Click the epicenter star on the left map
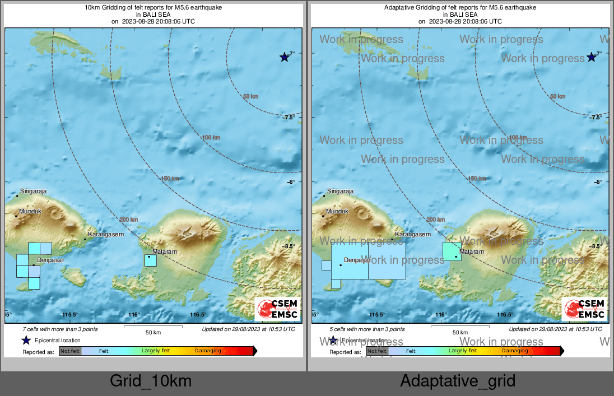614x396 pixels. [285, 57]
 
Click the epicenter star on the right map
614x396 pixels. [591, 57]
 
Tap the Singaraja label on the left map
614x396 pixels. [32, 191]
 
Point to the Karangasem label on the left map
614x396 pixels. [106, 234]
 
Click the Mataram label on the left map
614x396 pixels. [165, 252]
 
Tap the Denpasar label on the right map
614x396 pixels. [357, 260]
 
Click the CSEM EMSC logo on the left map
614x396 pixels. [278, 309]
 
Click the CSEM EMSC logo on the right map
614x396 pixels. [584, 309]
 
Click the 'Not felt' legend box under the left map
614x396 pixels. [70, 351]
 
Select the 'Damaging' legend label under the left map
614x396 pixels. [208, 351]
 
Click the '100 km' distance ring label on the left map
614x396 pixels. [211, 137]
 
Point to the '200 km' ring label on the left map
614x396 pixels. [129, 220]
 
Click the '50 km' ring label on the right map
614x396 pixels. [557, 96]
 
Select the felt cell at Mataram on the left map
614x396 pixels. [150, 260]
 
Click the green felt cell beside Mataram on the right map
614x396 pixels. [452, 251]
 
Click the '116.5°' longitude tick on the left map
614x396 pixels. [198, 315]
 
